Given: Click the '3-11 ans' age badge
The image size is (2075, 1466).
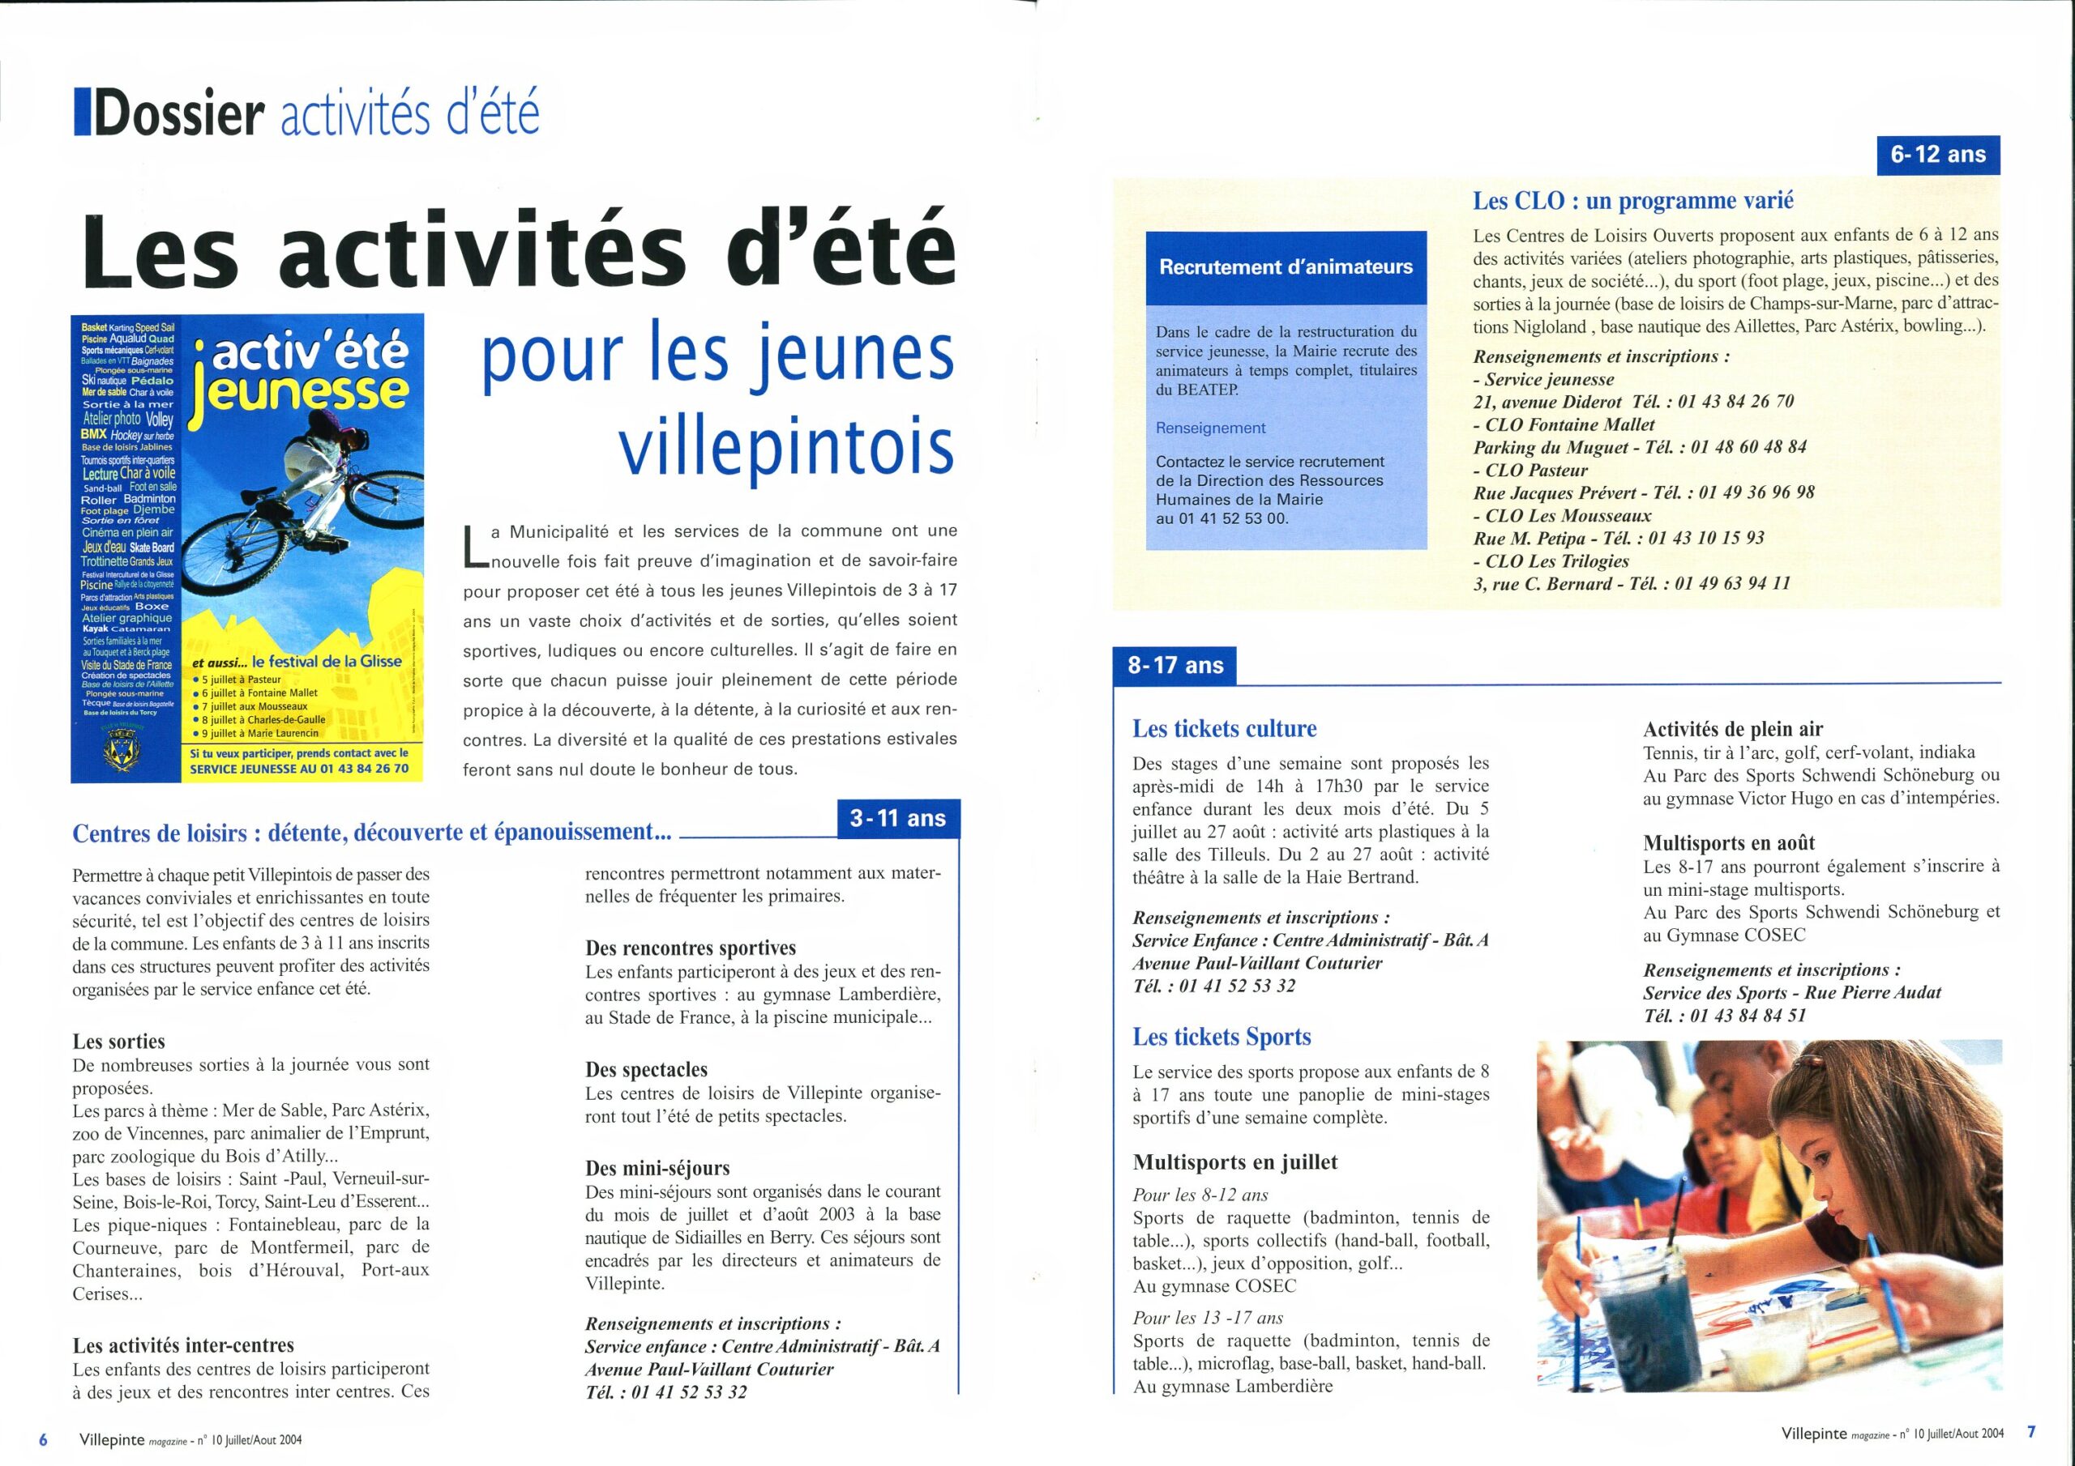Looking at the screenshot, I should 897,818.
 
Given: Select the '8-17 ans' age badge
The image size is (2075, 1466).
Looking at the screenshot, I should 1174,666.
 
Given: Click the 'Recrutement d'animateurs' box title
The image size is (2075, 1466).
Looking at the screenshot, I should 1286,267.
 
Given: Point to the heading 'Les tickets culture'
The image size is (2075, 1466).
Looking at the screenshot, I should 1224,729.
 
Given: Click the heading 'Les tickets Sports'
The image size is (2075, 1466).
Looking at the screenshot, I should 1221,1037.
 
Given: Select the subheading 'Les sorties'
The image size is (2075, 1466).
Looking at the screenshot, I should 118,1042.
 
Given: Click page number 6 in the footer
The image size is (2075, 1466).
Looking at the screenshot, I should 42,1440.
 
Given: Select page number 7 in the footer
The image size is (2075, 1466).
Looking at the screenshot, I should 2030,1432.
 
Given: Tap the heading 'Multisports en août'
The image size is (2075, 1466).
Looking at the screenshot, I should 1728,842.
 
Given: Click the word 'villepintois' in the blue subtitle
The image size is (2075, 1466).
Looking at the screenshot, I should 785,445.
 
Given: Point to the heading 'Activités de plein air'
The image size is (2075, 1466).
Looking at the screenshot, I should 1732,729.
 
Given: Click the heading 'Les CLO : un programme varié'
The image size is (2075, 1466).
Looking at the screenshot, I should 1632,201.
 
